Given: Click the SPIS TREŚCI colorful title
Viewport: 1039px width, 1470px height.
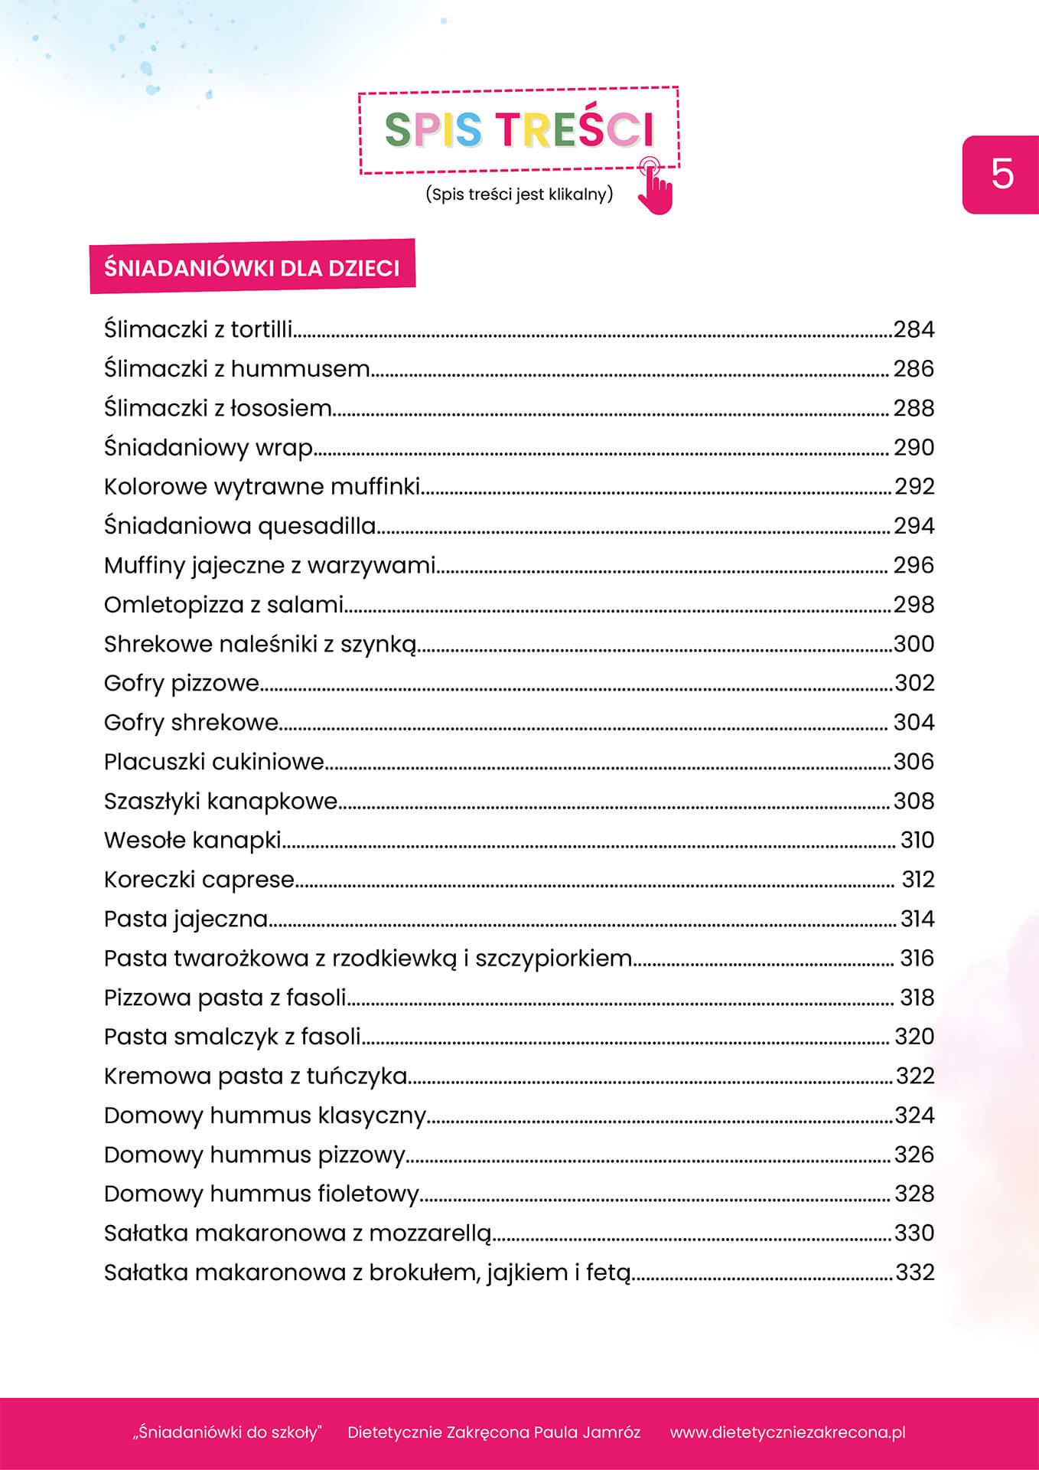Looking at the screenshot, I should [x=519, y=129].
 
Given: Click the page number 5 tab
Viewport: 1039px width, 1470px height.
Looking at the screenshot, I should [x=1002, y=175].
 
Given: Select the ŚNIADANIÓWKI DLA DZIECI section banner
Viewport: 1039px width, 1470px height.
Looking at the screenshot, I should [x=252, y=267].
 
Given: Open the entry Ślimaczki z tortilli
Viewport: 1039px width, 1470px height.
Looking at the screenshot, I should [x=198, y=329].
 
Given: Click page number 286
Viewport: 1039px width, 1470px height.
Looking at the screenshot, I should [x=914, y=369].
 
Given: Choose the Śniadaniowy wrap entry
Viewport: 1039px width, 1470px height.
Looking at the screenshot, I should [x=209, y=447].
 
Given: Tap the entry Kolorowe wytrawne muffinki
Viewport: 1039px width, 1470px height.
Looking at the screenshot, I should [x=262, y=487].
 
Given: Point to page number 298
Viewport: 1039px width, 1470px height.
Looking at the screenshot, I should [x=914, y=605].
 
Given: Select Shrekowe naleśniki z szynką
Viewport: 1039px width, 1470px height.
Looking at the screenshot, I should [x=260, y=644].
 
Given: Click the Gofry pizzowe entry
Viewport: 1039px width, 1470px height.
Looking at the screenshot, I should [x=182, y=683].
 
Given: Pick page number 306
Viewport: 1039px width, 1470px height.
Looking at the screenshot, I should [x=914, y=762].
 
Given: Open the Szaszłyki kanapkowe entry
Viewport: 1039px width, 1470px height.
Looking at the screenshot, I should [x=221, y=801].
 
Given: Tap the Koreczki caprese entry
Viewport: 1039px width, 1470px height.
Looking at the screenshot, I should [x=200, y=880].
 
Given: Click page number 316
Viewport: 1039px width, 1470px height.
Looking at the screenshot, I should [x=917, y=959].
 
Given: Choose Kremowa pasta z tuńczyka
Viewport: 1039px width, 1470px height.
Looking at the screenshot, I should [x=256, y=1076].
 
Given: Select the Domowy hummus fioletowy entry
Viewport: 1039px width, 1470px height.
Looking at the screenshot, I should [x=262, y=1194].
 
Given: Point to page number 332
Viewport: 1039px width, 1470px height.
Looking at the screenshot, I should [x=915, y=1272].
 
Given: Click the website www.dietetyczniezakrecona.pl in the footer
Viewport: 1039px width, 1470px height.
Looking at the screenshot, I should [x=787, y=1432].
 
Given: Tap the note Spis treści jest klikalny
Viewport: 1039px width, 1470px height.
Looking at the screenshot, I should [x=519, y=194].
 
